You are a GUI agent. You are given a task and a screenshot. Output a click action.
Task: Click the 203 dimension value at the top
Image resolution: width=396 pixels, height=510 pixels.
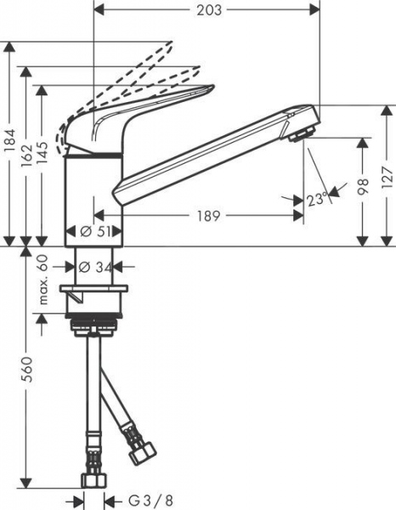(207, 10)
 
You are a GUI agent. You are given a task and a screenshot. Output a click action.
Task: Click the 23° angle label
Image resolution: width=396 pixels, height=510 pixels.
(317, 199)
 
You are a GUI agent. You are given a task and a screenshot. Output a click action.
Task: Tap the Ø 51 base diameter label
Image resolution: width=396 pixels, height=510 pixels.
(96, 231)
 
